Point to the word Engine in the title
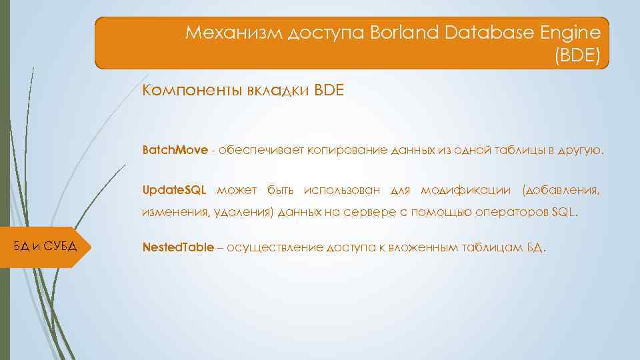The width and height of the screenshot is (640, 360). (x=569, y=33)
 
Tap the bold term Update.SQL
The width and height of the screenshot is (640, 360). (x=175, y=191)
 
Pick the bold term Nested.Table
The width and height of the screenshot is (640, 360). (x=178, y=247)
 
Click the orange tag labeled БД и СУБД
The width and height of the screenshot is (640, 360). (x=45, y=247)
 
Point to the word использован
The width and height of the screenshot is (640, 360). (x=341, y=191)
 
